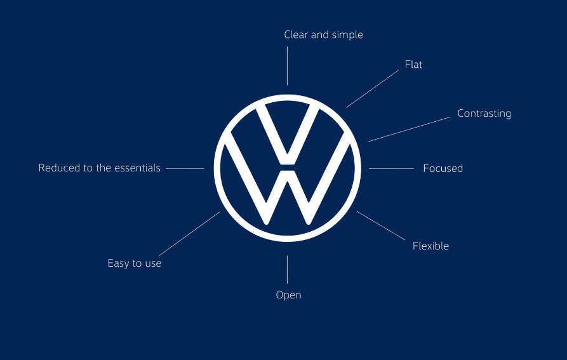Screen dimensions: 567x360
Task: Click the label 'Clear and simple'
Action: (x=323, y=35)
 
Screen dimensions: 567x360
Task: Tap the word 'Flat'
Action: (x=413, y=64)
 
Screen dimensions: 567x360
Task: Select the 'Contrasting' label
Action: (x=484, y=114)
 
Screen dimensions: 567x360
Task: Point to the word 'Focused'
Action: (x=443, y=168)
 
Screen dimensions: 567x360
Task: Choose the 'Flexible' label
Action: (x=430, y=246)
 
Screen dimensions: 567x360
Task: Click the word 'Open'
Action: (x=288, y=295)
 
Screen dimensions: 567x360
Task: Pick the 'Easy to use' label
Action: (x=135, y=263)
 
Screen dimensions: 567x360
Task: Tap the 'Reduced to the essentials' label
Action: (x=100, y=168)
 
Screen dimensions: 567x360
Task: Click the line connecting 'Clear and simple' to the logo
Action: (x=287, y=66)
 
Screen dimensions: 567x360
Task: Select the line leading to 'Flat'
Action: (x=372, y=89)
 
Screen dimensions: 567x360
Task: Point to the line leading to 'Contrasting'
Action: (x=410, y=129)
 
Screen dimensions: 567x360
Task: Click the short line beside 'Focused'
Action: (x=391, y=168)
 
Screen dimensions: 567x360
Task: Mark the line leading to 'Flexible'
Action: (x=381, y=225)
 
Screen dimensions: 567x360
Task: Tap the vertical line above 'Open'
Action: (x=287, y=270)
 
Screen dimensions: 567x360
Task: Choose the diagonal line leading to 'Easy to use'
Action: (x=189, y=234)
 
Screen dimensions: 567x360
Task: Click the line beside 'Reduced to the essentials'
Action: (x=185, y=168)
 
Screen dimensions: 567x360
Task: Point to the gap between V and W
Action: (x=287, y=168)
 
